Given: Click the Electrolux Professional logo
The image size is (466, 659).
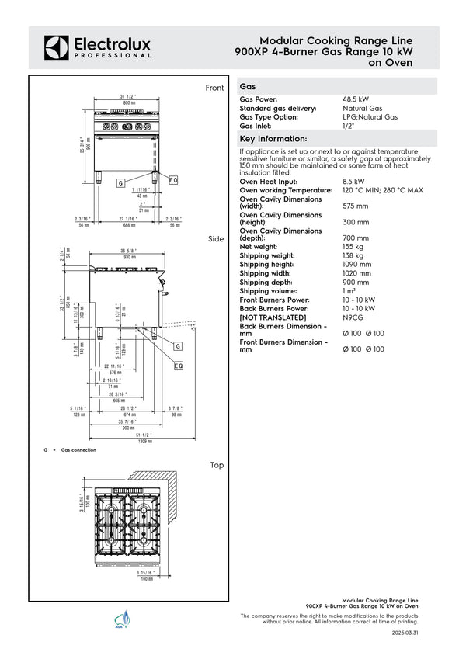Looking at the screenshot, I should click(98, 47).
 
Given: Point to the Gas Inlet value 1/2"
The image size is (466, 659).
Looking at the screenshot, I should click(349, 126).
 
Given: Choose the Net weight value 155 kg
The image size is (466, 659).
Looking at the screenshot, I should click(353, 247).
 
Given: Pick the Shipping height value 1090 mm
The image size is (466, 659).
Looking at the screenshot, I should click(357, 264).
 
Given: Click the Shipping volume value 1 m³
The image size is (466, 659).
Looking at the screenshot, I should click(350, 291).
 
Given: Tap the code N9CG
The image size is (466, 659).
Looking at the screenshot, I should click(354, 317).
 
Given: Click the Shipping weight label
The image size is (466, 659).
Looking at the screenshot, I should click(267, 255).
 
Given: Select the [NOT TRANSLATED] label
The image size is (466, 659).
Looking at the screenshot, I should click(273, 317).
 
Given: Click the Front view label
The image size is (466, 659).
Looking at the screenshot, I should click(214, 88).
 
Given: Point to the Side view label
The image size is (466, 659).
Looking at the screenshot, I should click(216, 238).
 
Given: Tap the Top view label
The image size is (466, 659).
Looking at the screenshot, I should click(217, 465).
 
